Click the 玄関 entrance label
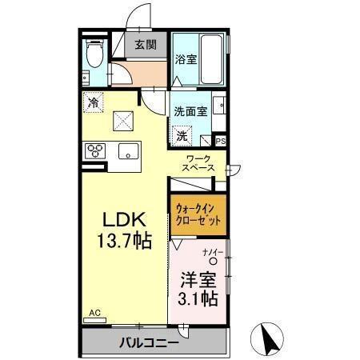pos(146,46)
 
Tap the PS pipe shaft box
pos(220,142)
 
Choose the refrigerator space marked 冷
pos(94,102)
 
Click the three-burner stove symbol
pos(95,150)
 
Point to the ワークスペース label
pos(197,165)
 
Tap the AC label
pos(94,313)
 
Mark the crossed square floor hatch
pos(123,121)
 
